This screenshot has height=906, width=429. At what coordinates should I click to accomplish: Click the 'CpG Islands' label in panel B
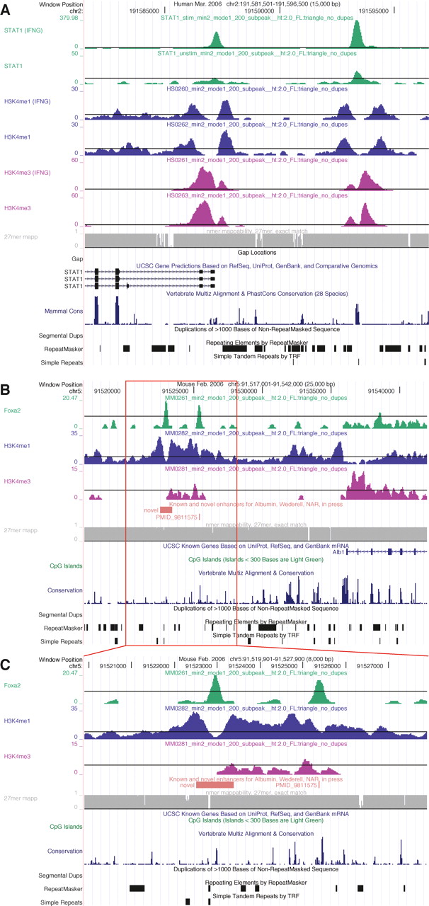pos(65,566)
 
